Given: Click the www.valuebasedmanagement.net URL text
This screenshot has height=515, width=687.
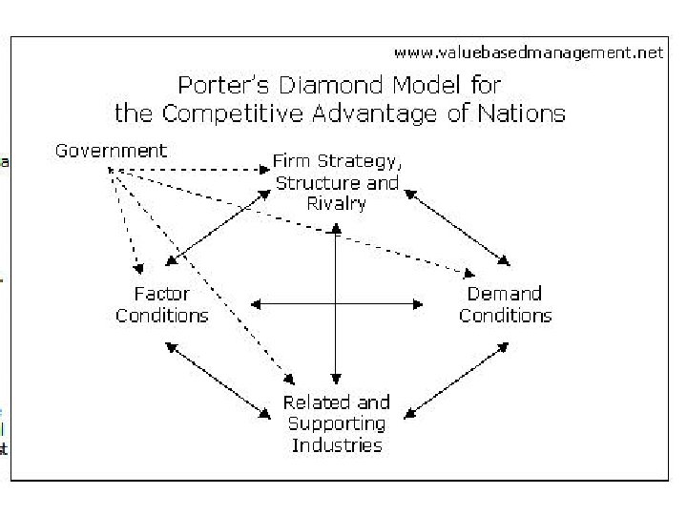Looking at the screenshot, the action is pyautogui.click(x=528, y=53).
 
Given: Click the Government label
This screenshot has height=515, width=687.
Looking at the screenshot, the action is pyautogui.click(x=111, y=151).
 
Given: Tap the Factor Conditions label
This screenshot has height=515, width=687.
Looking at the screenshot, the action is pyautogui.click(x=162, y=305).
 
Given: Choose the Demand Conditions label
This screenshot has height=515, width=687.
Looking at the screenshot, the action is pyautogui.click(x=505, y=304).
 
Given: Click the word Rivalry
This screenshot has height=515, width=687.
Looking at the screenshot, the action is pyautogui.click(x=337, y=203).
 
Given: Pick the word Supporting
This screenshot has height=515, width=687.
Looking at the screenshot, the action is pyautogui.click(x=337, y=424).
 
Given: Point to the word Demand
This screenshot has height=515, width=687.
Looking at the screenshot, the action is pyautogui.click(x=505, y=294).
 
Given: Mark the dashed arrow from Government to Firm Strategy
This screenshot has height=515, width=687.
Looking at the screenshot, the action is pyautogui.click(x=191, y=170).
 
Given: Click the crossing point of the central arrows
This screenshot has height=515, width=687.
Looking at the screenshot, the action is pyautogui.click(x=335, y=304).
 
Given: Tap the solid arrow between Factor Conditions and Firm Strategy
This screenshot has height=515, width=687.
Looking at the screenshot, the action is pyautogui.click(x=218, y=226).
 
